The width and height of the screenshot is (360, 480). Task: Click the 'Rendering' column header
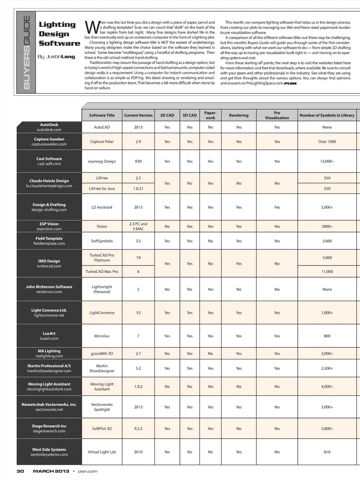pos(238,115)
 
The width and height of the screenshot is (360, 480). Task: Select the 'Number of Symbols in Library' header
pos(327,115)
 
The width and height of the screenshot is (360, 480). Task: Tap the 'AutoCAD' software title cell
pos(102,127)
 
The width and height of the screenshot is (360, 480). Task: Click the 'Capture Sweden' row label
pos(49,141)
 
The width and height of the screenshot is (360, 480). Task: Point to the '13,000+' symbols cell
pos(327,161)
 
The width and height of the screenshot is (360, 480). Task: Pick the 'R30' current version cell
pos(138,161)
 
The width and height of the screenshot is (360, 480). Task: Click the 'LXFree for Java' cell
pos(102,188)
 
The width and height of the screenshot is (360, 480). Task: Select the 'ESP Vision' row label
pos(49,226)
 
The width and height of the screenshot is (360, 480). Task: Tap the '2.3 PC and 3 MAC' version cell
pos(138,226)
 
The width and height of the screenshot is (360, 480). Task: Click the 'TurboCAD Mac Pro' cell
pos(102,271)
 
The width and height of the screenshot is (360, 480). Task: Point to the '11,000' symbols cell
pos(327,271)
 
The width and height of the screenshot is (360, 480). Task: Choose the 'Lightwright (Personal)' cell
pos(102,289)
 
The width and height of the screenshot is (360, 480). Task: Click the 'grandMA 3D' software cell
pos(102,353)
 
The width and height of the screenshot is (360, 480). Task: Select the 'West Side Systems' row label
pos(49,452)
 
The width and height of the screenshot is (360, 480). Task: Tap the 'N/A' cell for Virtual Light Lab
pos(327,452)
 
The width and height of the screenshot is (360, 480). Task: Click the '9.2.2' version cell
pos(138,428)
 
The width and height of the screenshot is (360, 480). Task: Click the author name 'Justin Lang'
pos(56,57)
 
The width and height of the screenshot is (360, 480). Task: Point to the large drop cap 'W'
pos(92,28)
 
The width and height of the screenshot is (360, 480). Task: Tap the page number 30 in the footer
pos(20,471)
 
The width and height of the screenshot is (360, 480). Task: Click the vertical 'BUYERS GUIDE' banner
pos(27,52)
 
